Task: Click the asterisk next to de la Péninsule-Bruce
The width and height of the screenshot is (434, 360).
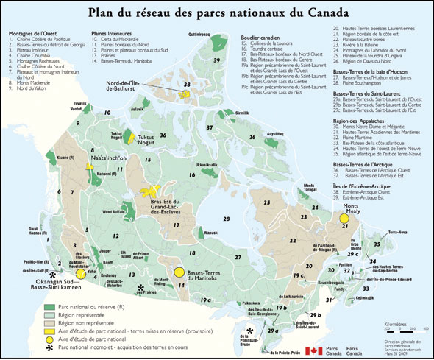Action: coord(251,331)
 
